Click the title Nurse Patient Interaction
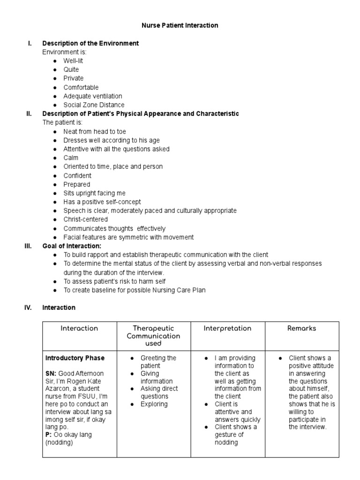(180, 25)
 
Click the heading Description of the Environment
(90, 43)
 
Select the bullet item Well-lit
(74, 61)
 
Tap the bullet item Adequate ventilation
(93, 96)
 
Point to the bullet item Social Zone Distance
(94, 105)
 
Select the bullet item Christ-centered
(85, 219)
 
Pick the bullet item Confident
(77, 175)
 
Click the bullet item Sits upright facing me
(94, 193)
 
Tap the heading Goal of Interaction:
(72, 246)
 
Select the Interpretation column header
(227, 328)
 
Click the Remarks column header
(301, 328)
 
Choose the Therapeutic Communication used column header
(153, 336)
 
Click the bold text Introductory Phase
(75, 358)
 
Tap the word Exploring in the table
(154, 404)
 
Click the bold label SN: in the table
(51, 373)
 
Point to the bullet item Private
(74, 78)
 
